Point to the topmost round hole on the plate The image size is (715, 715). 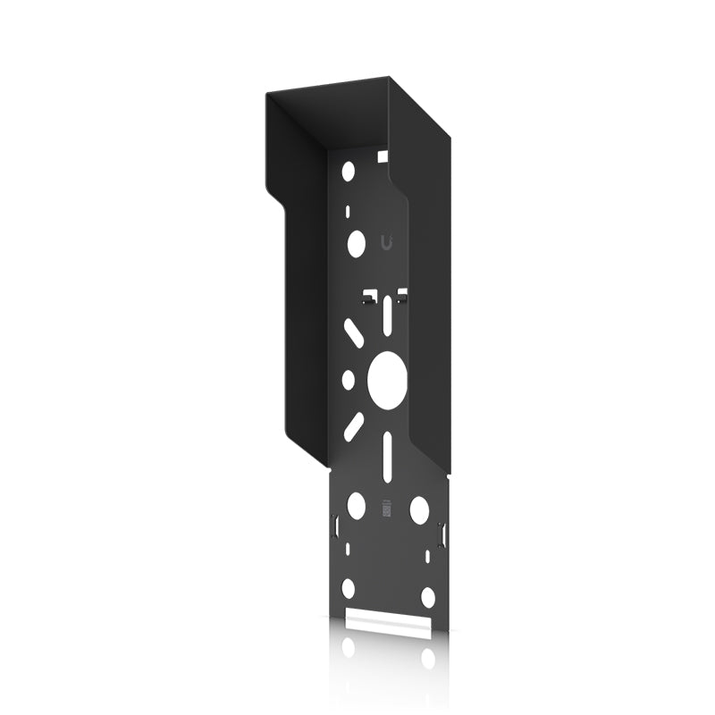(349, 170)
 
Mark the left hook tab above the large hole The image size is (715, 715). (368, 295)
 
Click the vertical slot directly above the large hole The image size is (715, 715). (385, 314)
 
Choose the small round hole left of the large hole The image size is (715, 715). (349, 379)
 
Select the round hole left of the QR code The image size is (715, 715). (356, 506)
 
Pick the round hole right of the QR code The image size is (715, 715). (418, 509)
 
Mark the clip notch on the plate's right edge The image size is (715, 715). (441, 533)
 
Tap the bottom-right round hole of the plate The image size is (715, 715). (428, 596)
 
